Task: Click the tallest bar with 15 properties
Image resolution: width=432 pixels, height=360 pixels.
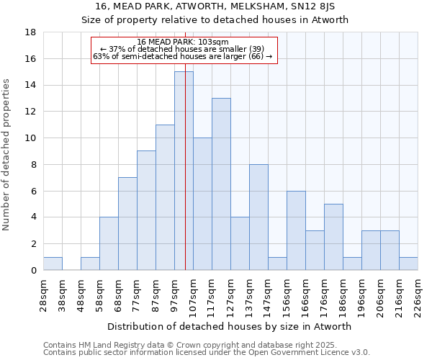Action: tap(184, 171)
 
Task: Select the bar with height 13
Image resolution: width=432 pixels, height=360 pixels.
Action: tap(221, 184)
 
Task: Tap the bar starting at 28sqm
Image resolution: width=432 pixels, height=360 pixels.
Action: tap(53, 264)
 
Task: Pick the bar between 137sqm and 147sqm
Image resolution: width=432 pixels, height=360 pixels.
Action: tap(258, 217)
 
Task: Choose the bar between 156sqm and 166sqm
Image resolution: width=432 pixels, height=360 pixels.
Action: tap(296, 230)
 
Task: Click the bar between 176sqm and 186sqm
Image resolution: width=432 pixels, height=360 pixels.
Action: tap(333, 237)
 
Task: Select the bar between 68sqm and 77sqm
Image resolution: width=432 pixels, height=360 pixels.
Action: tap(127, 223)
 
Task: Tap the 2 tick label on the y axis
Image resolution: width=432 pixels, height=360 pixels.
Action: tap(33, 244)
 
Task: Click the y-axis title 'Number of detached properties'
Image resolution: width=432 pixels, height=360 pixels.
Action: tap(8, 155)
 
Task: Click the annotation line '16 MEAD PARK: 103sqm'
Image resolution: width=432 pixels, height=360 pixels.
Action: tap(184, 42)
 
